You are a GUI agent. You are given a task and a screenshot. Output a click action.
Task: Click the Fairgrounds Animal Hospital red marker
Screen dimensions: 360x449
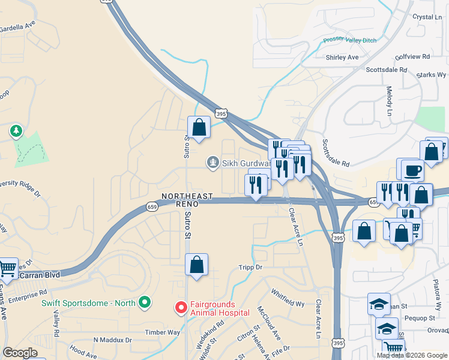[x=180, y=308]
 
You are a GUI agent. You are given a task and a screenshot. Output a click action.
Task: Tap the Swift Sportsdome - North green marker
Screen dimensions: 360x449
[x=144, y=302]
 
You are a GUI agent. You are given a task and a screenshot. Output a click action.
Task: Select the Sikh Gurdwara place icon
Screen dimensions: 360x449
[x=212, y=162]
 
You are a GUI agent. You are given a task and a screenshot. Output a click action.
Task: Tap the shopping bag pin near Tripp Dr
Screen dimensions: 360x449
[x=197, y=265]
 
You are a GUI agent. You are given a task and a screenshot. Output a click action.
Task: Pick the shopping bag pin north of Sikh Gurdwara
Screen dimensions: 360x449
[x=199, y=128]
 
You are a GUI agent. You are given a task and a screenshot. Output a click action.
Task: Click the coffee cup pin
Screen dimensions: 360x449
[x=412, y=170]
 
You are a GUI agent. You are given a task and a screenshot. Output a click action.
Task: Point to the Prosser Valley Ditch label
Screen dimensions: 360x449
[x=350, y=40]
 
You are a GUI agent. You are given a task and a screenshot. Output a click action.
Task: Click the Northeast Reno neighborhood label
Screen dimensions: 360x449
[x=187, y=200]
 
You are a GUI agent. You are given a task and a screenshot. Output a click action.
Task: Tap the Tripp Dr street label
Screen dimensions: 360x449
[x=251, y=267]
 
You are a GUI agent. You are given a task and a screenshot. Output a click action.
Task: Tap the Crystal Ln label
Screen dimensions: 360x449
[x=427, y=17]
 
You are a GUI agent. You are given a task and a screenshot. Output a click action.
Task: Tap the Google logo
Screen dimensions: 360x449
[x=20, y=353]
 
